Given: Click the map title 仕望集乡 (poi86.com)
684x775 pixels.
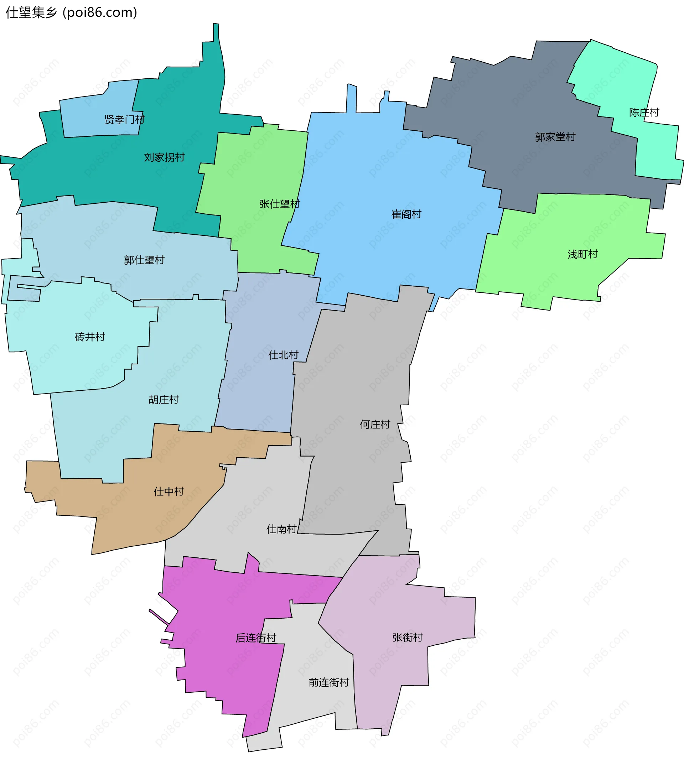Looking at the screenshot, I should pyautogui.click(x=71, y=12).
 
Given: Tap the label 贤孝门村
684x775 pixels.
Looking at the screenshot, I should pyautogui.click(x=124, y=119).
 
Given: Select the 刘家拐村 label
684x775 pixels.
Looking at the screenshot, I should pyautogui.click(x=164, y=157).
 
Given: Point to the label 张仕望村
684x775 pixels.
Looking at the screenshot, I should pyautogui.click(x=279, y=204).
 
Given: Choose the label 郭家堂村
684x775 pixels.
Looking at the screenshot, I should pyautogui.click(x=555, y=137).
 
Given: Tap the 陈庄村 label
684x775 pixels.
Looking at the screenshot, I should pyautogui.click(x=644, y=112).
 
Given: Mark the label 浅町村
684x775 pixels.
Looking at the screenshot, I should pyautogui.click(x=582, y=254).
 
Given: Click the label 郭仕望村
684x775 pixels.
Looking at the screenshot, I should pyautogui.click(x=144, y=260).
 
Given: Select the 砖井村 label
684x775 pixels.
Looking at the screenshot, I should pyautogui.click(x=90, y=337).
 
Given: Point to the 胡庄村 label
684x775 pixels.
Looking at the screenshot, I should pyautogui.click(x=164, y=400).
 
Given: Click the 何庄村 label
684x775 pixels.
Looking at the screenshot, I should pyautogui.click(x=375, y=424).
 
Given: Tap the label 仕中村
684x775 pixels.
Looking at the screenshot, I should pyautogui.click(x=169, y=491).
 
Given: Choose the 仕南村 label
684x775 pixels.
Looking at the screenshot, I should pyautogui.click(x=281, y=529).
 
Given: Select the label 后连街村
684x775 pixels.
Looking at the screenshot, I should pyautogui.click(x=255, y=638).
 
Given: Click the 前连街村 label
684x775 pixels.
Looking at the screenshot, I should pyautogui.click(x=329, y=682).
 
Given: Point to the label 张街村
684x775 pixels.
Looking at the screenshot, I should pyautogui.click(x=407, y=638).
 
